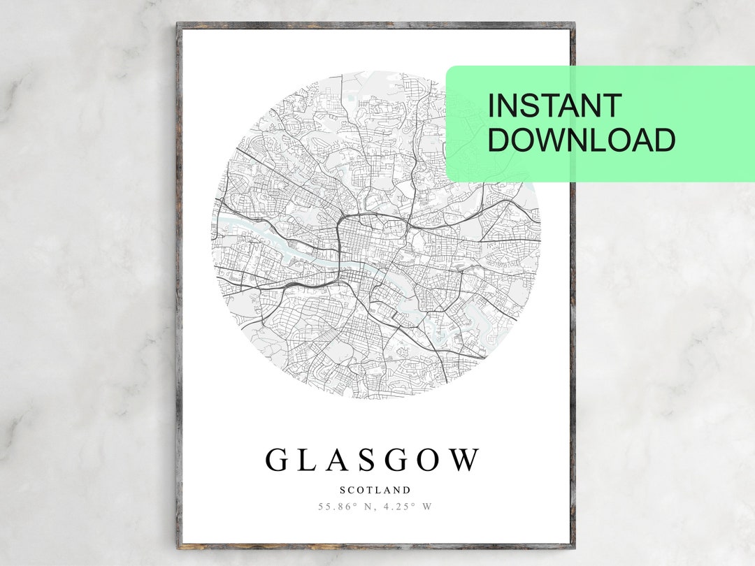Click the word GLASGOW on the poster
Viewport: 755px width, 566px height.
(x=373, y=460)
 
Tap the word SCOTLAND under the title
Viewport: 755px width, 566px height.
(x=375, y=491)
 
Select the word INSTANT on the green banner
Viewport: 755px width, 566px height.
(x=554, y=106)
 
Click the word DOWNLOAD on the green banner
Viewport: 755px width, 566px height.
(x=581, y=140)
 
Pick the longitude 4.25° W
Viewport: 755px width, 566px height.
(x=407, y=507)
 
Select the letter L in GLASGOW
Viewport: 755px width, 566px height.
(x=308, y=460)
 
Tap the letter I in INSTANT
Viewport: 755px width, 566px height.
(x=491, y=106)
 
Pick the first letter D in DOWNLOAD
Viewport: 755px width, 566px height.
(x=498, y=140)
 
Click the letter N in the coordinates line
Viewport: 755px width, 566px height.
(x=368, y=507)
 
